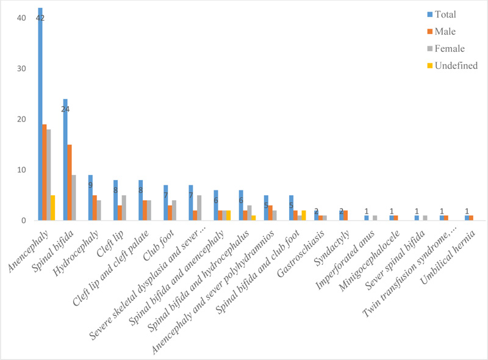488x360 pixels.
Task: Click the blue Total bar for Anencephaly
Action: pos(40,116)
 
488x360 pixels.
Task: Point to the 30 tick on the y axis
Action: pos(21,69)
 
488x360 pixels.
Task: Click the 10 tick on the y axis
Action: pos(21,170)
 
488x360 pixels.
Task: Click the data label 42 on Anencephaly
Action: pos(40,18)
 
